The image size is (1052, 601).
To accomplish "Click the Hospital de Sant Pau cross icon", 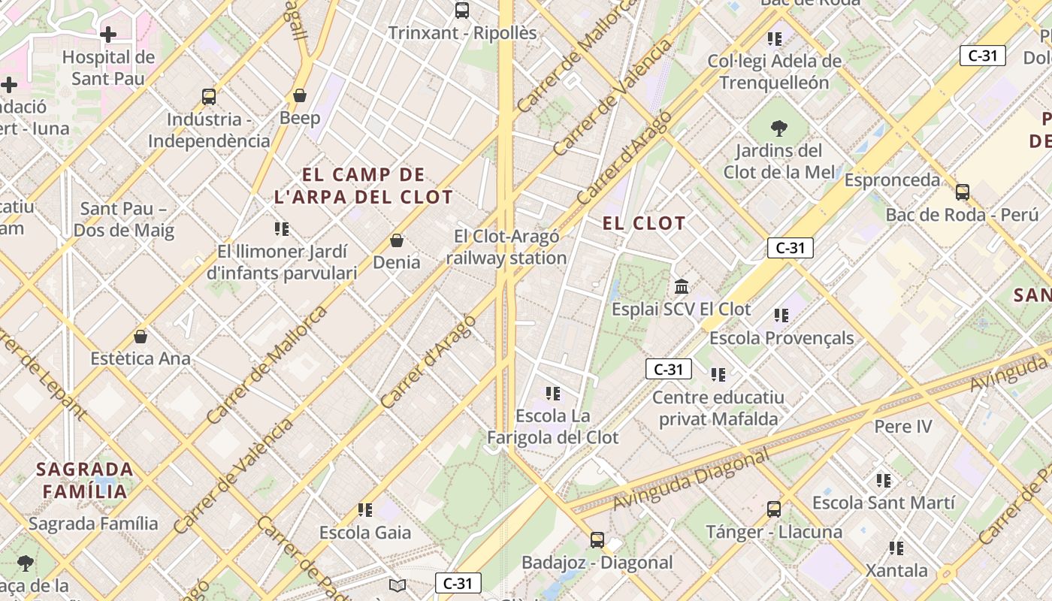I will pyautogui.click(x=108, y=35).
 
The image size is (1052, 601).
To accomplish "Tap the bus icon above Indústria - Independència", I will pyautogui.click(x=209, y=97).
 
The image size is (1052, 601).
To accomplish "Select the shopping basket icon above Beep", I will pyautogui.click(x=300, y=95).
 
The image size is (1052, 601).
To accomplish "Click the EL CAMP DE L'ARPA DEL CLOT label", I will pyautogui.click(x=364, y=186).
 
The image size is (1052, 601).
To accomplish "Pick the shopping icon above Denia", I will pyautogui.click(x=397, y=240).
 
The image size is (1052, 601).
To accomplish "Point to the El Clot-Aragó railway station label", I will pyautogui.click(x=506, y=247).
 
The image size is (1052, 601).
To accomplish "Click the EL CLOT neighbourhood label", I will pyautogui.click(x=644, y=223).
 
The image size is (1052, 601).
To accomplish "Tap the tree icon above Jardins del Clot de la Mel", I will pyautogui.click(x=779, y=128).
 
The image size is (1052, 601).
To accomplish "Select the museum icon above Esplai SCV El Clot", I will pyautogui.click(x=682, y=286).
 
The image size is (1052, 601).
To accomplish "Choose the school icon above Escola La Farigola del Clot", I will pyautogui.click(x=553, y=393).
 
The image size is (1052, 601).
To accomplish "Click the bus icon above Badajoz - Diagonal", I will pyautogui.click(x=597, y=539).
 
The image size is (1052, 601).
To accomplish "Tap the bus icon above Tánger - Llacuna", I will pyautogui.click(x=774, y=509).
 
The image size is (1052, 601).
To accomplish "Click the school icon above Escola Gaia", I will pyautogui.click(x=365, y=510).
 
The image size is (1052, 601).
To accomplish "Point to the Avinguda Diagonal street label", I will pyautogui.click(x=691, y=479).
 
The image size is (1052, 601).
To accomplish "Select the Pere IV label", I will pyautogui.click(x=902, y=427).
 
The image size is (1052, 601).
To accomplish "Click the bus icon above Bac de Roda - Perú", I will pyautogui.click(x=963, y=192).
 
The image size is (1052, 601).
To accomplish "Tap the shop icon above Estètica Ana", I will pyautogui.click(x=140, y=336).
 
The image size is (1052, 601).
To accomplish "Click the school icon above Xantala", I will pyautogui.click(x=896, y=548).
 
